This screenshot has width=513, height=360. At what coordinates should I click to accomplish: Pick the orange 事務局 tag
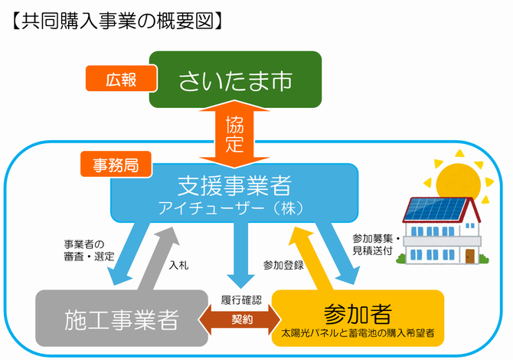(x=116, y=163)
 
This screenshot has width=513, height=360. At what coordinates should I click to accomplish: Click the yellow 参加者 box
(x=358, y=317)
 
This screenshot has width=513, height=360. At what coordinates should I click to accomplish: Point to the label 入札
(x=178, y=264)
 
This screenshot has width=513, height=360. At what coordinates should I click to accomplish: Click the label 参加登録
(x=283, y=264)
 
